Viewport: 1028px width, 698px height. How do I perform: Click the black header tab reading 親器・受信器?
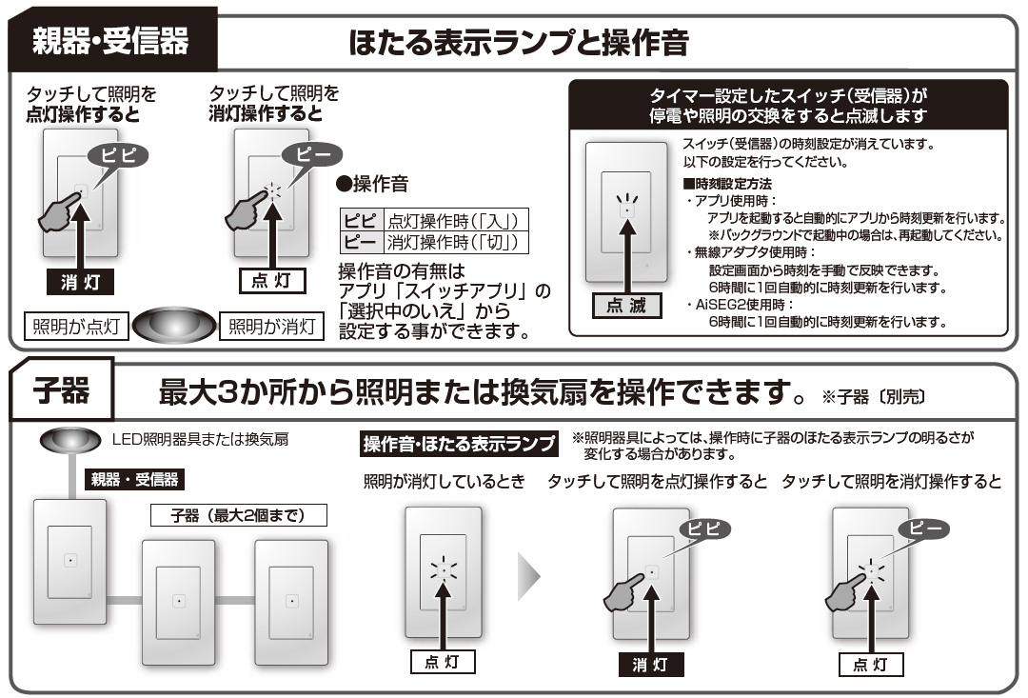[x=111, y=41]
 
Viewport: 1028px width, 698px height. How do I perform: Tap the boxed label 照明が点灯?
[x=75, y=327]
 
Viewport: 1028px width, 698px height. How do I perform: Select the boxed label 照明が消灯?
[x=271, y=327]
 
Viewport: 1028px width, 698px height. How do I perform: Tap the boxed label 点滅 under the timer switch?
[x=625, y=306]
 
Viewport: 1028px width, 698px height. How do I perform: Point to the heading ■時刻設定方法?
[x=727, y=183]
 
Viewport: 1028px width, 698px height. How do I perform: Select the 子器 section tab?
[x=62, y=389]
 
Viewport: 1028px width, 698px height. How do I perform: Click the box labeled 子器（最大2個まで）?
[x=238, y=515]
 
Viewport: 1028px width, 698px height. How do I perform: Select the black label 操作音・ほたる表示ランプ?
[x=459, y=444]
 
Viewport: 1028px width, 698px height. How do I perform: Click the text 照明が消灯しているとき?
[x=444, y=482]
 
